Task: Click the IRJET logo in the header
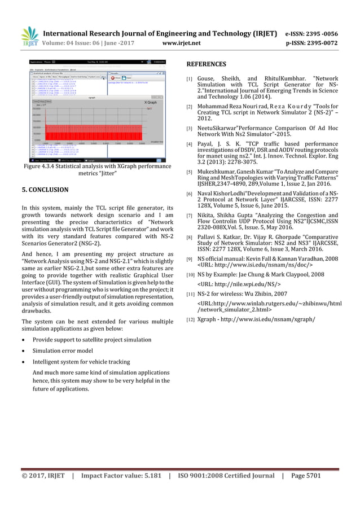(x=29, y=36)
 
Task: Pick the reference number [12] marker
(x=191, y=319)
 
